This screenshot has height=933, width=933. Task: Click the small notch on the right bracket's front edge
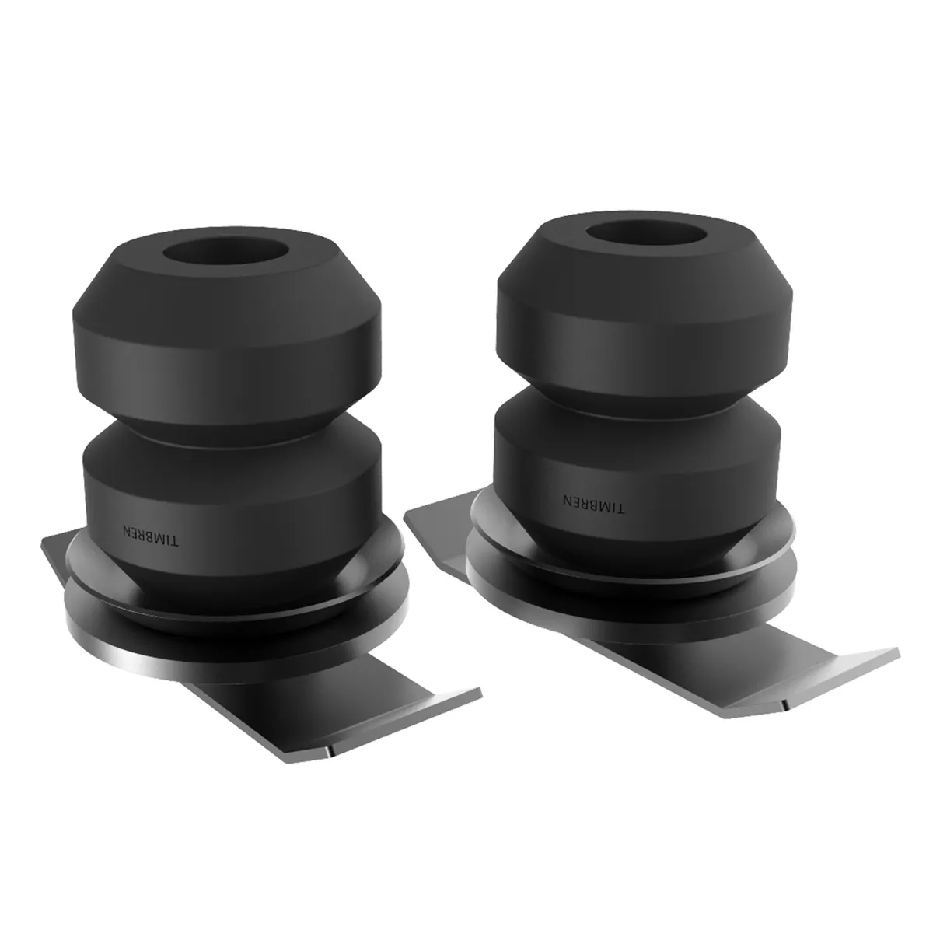[x=785, y=706]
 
